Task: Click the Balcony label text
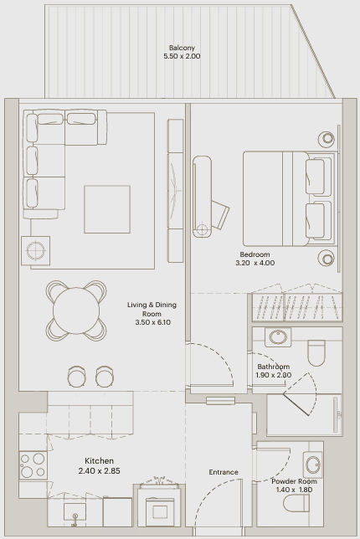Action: click(x=182, y=48)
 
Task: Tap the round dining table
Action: click(x=76, y=311)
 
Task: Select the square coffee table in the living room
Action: click(x=107, y=209)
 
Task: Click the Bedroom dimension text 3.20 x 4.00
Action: click(x=255, y=263)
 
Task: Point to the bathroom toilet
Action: click(x=316, y=353)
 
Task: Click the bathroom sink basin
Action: click(x=278, y=336)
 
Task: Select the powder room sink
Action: click(x=313, y=465)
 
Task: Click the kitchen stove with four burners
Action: click(x=33, y=465)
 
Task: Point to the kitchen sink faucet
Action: click(x=75, y=520)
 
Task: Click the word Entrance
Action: click(x=224, y=472)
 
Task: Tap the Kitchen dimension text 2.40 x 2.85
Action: click(x=100, y=471)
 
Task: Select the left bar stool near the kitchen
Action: click(x=77, y=376)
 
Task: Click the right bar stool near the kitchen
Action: click(x=105, y=376)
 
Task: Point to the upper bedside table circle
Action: click(x=327, y=139)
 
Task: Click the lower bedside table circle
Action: click(x=327, y=258)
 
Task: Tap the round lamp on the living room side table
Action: click(x=35, y=250)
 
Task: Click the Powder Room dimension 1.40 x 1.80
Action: click(x=294, y=490)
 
